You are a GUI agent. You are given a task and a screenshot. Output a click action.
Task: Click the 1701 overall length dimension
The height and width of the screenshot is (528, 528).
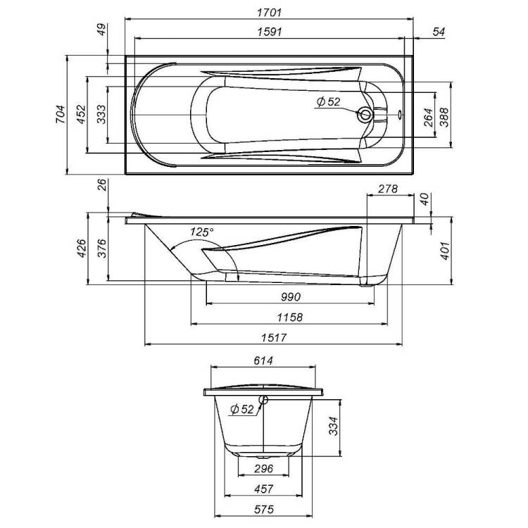269,13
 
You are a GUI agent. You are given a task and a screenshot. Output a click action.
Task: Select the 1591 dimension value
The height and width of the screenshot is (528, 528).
269,32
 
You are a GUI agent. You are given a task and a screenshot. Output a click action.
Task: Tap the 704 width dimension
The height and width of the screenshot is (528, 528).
61,115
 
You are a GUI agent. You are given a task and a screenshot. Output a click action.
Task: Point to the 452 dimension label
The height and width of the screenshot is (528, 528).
81,115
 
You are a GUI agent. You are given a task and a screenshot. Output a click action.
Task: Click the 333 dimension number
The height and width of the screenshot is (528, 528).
101,115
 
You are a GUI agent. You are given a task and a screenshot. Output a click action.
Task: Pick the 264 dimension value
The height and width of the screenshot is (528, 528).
428,117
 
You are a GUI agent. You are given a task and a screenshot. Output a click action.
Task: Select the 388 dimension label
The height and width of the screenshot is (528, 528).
444,117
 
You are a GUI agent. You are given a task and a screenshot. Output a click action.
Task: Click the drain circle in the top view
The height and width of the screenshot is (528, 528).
365,115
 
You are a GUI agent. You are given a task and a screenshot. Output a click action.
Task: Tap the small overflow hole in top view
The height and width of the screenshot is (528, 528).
400,115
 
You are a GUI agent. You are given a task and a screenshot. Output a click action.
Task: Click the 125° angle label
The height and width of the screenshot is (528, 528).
202,232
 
